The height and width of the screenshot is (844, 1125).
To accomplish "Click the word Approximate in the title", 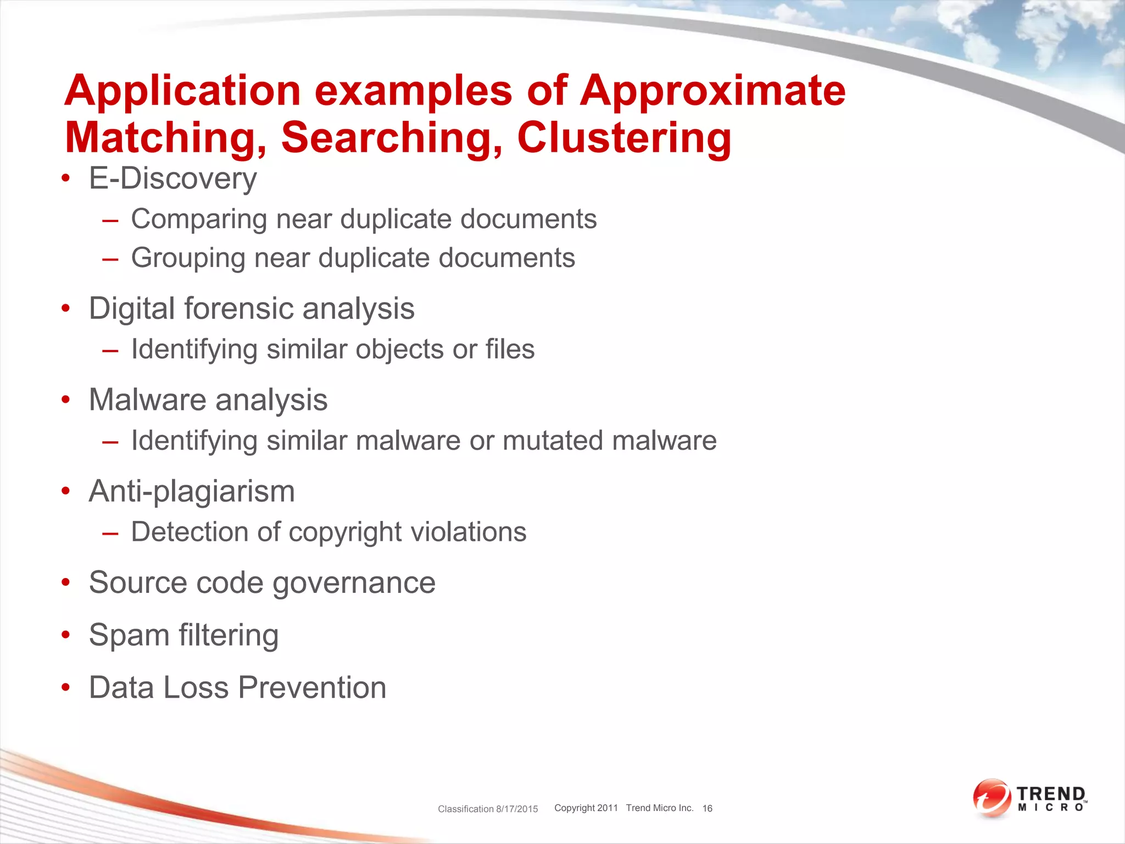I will [712, 91].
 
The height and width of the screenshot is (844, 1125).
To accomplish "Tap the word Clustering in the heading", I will [624, 138].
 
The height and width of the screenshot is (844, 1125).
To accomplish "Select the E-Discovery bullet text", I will [172, 179].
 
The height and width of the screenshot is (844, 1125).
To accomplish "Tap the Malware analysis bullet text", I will [208, 399].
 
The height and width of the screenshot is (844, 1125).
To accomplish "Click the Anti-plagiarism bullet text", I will [192, 491].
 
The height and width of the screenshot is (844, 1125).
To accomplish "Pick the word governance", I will [354, 582].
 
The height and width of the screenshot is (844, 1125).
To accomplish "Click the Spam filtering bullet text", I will [183, 635].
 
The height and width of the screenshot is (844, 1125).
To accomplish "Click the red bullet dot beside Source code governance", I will [66, 582].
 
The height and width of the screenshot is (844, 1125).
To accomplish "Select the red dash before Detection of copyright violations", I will [110, 533].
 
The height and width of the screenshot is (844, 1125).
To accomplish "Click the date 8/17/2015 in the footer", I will [517, 809].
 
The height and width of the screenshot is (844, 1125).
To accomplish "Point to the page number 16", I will [707, 808].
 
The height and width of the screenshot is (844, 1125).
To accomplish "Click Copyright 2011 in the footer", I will [586, 808].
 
